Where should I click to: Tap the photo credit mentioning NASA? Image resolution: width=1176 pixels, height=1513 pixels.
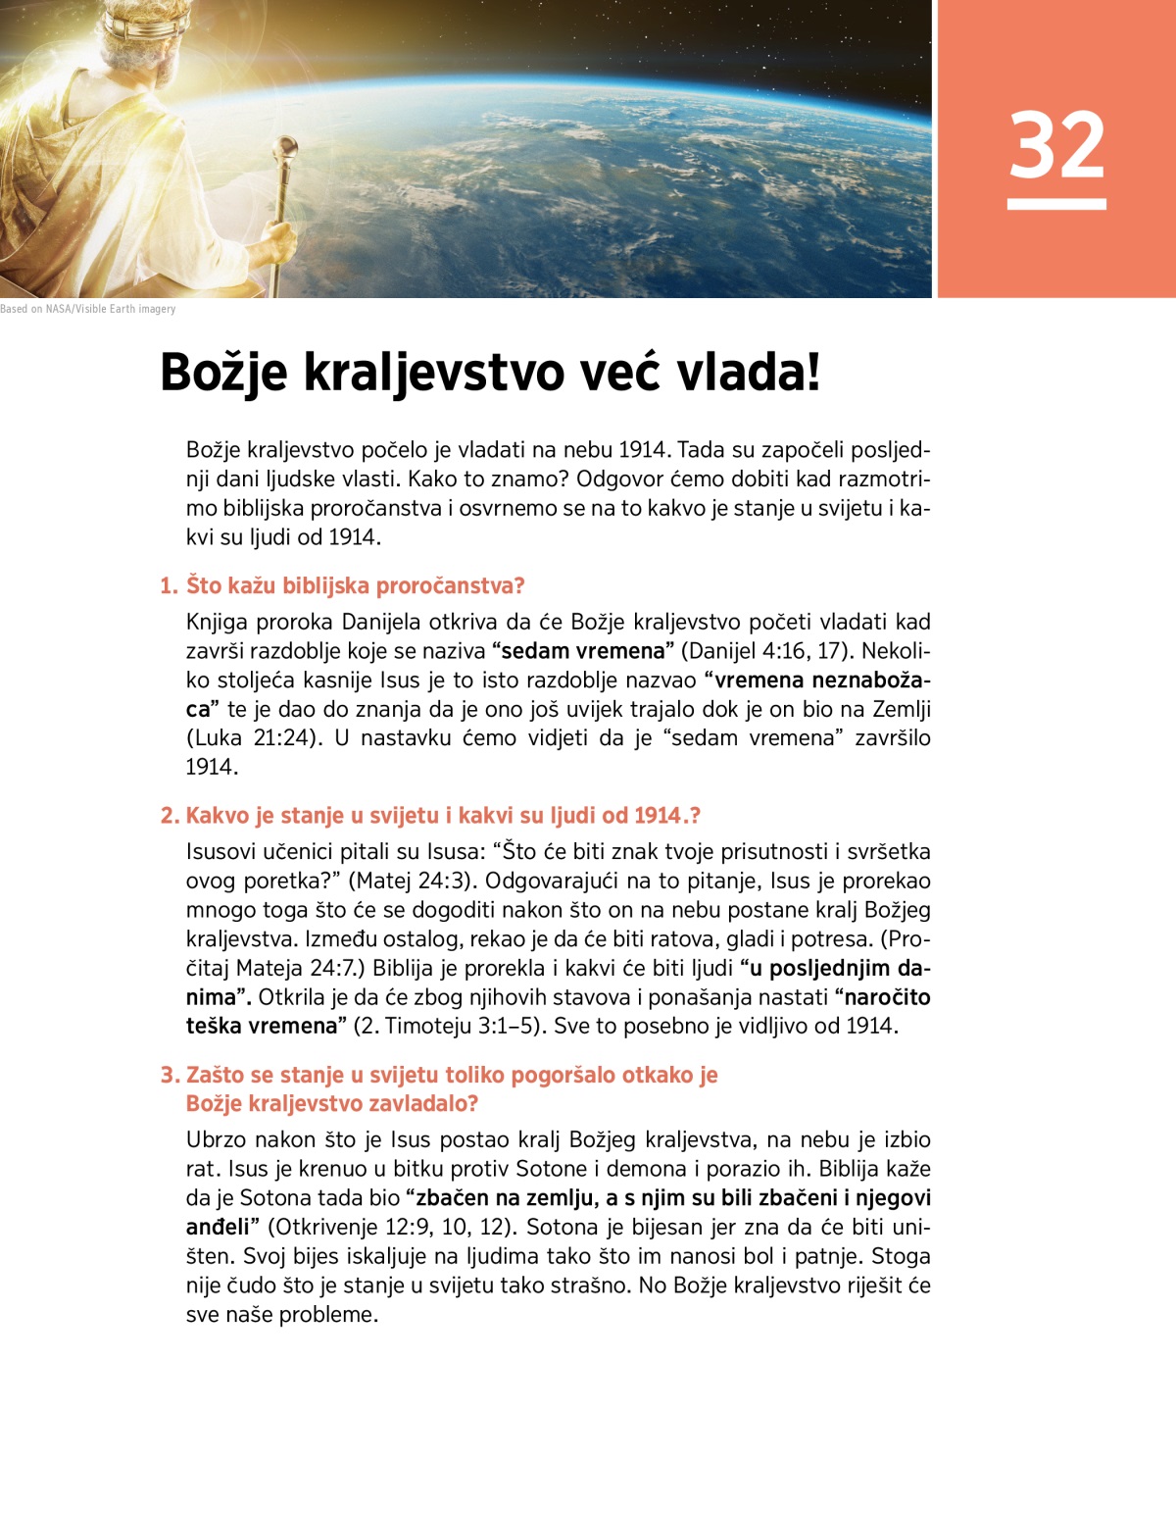click(88, 309)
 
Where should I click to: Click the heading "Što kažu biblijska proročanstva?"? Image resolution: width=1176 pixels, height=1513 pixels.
click(355, 586)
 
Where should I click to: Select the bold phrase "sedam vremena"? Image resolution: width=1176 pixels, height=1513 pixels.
click(582, 651)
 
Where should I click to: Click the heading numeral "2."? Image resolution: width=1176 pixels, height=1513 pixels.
click(171, 816)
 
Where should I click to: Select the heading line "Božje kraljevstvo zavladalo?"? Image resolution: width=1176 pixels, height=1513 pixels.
click(332, 1104)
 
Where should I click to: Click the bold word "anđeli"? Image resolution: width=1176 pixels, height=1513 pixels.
click(222, 1228)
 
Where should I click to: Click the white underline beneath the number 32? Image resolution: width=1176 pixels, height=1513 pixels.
click(1056, 204)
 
